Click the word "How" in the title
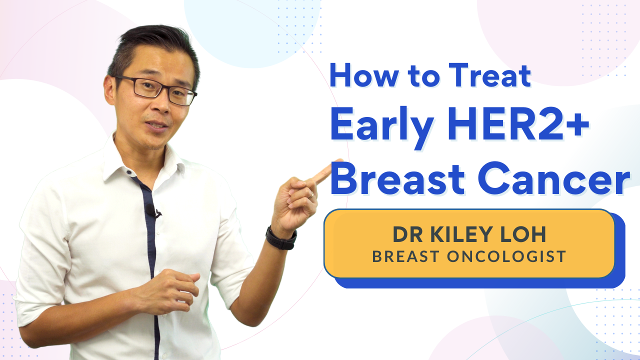(364, 75)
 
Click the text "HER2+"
(518, 123)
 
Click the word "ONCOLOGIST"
(506, 256)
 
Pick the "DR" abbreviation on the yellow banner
(407, 234)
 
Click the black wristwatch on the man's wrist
(281, 238)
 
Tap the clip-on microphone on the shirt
(152, 211)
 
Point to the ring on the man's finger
(310, 195)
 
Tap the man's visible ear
(109, 90)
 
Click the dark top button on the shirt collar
(129, 172)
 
